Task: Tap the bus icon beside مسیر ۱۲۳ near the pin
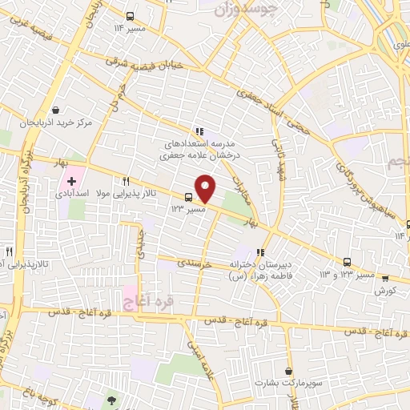[x=189, y=197]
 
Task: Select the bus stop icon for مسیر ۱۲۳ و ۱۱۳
[x=347, y=262]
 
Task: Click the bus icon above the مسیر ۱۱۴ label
[x=131, y=16]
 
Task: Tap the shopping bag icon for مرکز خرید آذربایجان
[x=55, y=110]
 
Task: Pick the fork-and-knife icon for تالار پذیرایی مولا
[x=127, y=181]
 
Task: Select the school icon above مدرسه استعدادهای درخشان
[x=198, y=131]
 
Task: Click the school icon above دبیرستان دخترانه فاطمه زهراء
[x=259, y=253]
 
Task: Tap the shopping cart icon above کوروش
[x=385, y=279]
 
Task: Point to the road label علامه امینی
[x=201, y=360]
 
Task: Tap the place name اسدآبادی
[x=73, y=195]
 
